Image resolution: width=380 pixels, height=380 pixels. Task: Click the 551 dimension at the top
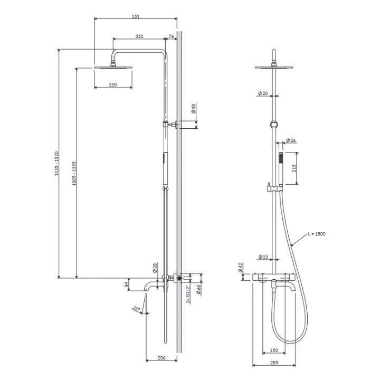[x=136, y=17]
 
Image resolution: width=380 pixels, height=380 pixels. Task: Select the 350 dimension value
[x=139, y=36]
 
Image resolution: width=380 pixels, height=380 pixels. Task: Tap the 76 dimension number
[x=171, y=36]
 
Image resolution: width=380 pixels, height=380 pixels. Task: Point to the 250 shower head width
[x=113, y=85]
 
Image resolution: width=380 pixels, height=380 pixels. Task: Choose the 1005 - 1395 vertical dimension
[x=74, y=173]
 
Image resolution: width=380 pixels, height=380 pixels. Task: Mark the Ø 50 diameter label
[x=194, y=109]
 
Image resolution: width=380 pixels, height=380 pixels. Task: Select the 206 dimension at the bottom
[x=161, y=358]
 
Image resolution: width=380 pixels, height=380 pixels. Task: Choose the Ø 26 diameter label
[x=291, y=140]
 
